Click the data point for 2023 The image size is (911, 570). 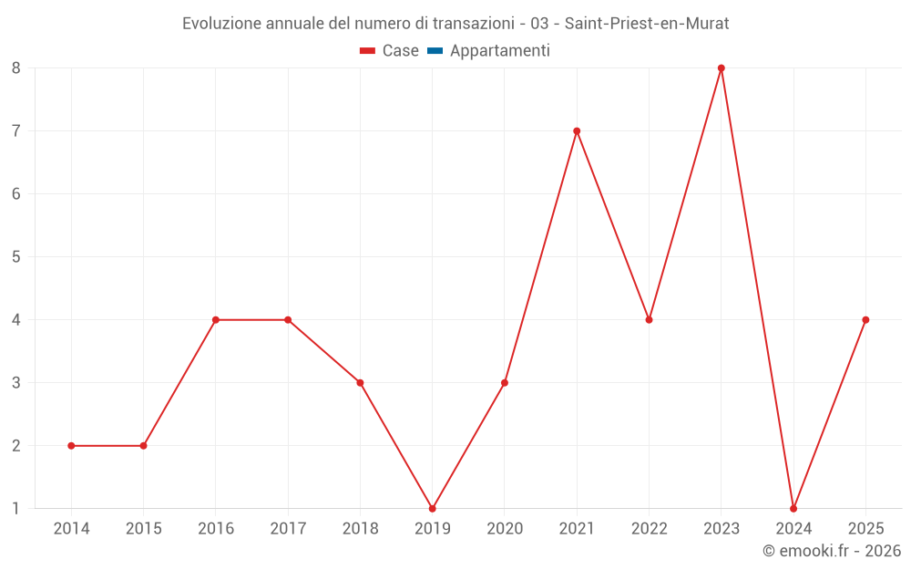721,68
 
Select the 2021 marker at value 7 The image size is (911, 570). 577,131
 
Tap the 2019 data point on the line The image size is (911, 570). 432,508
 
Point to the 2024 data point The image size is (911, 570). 793,508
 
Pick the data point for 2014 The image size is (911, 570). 71,446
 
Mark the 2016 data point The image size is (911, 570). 216,320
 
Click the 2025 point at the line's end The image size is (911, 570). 865,320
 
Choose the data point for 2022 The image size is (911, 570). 649,320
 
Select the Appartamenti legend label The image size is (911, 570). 499,51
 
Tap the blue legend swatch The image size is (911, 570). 435,51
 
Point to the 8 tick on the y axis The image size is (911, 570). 16,68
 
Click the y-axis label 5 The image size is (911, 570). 16,257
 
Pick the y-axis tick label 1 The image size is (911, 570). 16,509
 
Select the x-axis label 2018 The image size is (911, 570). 360,529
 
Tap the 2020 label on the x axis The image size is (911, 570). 505,529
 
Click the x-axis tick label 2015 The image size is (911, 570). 143,529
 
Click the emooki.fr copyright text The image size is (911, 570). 832,551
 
